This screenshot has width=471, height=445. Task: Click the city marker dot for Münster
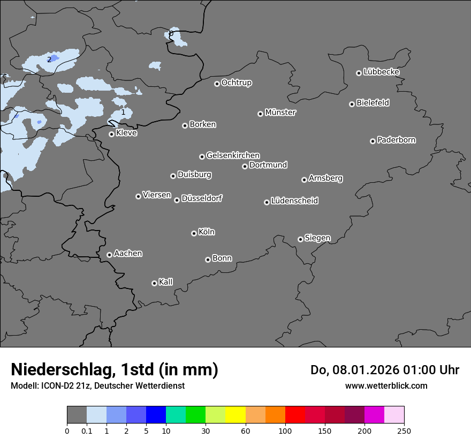click(260, 114)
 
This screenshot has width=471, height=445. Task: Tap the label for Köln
click(207, 232)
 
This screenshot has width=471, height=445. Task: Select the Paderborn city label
click(397, 140)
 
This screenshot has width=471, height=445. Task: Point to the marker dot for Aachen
click(109, 255)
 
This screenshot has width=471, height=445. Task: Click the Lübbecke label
click(382, 72)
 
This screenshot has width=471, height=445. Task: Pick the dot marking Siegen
click(300, 239)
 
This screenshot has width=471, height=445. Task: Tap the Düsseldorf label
click(202, 198)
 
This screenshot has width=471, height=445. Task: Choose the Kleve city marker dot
click(111, 134)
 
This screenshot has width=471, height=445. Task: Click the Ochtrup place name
click(237, 83)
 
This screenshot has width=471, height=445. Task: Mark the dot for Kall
click(154, 283)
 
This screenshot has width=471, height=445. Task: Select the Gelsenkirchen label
click(233, 155)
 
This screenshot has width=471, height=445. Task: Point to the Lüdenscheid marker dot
click(267, 202)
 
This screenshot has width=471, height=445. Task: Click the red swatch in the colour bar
click(295, 415)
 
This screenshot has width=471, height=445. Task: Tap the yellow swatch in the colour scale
click(236, 415)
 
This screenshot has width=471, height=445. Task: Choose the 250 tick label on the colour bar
click(404, 431)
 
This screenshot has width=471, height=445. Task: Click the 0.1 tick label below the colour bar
click(87, 431)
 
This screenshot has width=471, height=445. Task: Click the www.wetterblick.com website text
click(386, 385)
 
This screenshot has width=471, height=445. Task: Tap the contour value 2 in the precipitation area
click(49, 60)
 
